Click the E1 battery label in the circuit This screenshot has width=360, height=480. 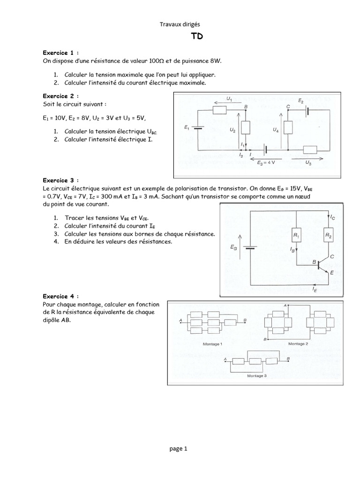[187, 127]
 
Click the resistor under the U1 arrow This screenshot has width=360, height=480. [220, 110]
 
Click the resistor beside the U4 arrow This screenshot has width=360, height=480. [288, 128]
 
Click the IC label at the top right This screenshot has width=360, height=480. [333, 217]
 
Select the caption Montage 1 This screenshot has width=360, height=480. [212, 344]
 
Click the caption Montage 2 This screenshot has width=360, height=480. [298, 344]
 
